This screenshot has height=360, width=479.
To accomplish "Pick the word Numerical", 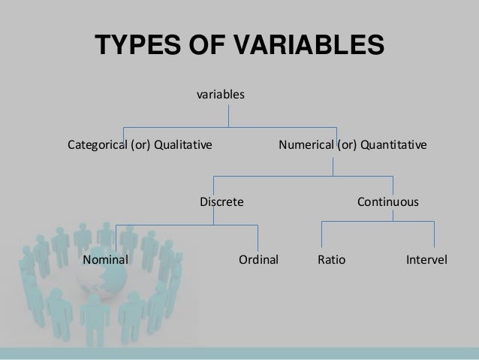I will tap(305, 143).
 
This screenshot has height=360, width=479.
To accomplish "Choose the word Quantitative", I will tap(393, 143).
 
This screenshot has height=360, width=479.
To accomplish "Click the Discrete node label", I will tap(221, 203).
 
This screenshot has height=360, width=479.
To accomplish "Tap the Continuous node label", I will tap(387, 203).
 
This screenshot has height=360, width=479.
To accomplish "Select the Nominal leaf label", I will tap(106, 261).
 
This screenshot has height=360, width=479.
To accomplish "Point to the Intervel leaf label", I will tap(426, 261).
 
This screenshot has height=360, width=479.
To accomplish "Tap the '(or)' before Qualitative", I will tap(141, 143).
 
